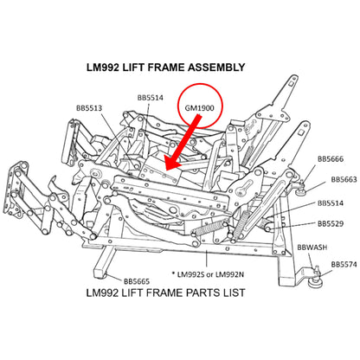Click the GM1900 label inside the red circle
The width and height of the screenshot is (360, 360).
(200, 108)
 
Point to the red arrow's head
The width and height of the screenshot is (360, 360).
(172, 164)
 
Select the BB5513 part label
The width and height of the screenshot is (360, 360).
(89, 108)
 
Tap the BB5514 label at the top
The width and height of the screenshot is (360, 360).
(151, 98)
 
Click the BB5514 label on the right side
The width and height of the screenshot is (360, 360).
(331, 203)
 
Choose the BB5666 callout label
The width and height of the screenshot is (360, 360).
(331, 159)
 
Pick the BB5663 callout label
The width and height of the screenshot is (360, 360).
(344, 179)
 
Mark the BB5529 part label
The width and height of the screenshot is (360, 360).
(331, 223)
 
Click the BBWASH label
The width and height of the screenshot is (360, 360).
(312, 247)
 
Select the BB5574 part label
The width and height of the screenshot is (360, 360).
(344, 264)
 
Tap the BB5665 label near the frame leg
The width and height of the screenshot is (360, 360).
(137, 281)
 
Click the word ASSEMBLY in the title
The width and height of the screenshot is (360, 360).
(216, 67)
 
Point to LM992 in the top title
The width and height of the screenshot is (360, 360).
(103, 67)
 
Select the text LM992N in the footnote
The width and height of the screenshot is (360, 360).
(229, 274)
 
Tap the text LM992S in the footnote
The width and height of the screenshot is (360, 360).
(190, 274)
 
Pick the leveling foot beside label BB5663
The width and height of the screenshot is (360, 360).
(301, 188)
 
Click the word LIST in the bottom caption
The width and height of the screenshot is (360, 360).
(234, 292)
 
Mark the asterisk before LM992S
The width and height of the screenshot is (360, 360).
(173, 273)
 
